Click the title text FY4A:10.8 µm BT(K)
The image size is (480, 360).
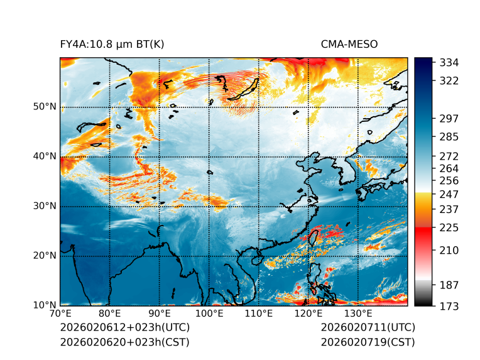[112, 44]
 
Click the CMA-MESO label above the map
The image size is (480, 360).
[349, 44]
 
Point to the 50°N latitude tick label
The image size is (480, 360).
[45, 107]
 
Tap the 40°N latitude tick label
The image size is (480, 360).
[45, 156]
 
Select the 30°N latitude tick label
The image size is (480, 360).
[45, 206]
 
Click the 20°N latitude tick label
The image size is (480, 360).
[45, 256]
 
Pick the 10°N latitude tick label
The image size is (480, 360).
[45, 305]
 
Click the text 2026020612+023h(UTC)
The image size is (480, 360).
[124, 328]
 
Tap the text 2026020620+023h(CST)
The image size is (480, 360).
[124, 342]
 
